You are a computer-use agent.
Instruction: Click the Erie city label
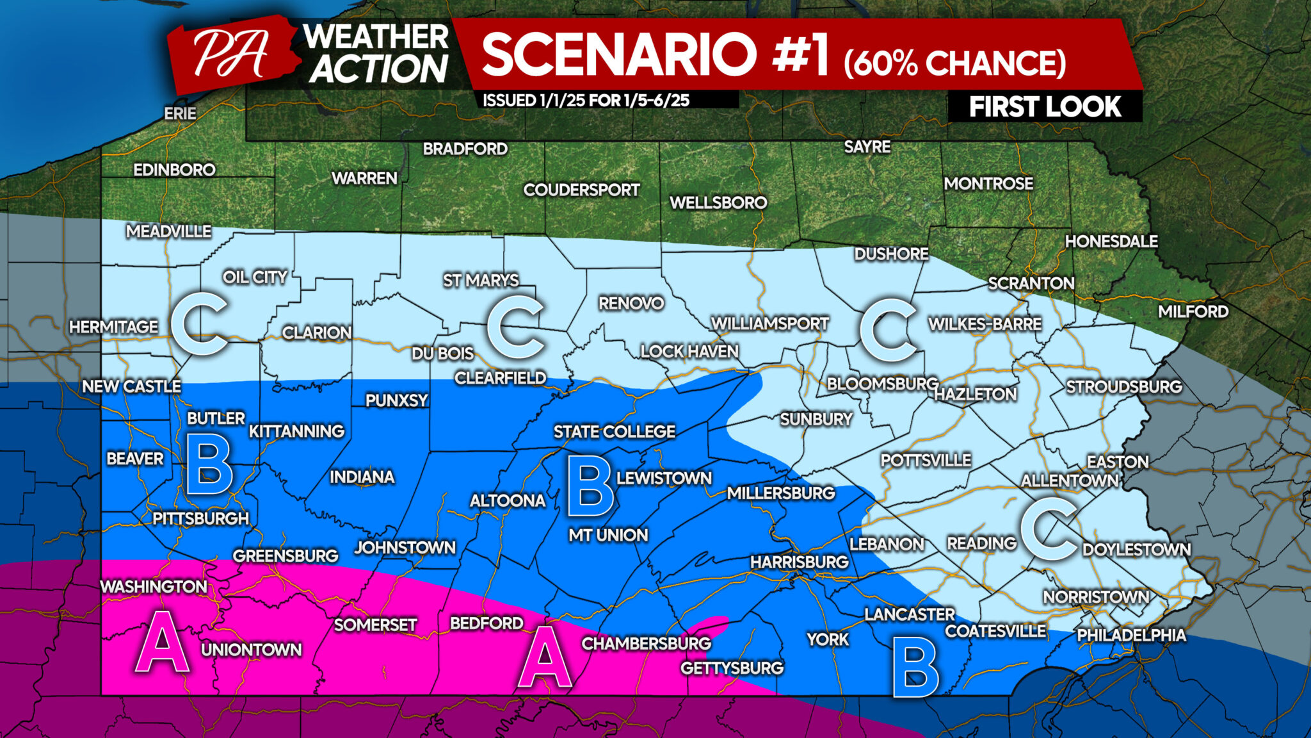180,113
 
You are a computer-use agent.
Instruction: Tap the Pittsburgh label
200,518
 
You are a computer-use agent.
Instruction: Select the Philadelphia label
1131,635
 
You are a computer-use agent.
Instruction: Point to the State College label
614,432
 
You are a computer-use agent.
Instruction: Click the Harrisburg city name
799,562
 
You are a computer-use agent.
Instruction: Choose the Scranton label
1031,283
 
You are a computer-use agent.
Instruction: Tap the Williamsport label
769,324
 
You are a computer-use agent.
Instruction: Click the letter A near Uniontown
163,643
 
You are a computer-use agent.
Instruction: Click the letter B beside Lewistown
590,488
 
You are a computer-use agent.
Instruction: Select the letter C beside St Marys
515,327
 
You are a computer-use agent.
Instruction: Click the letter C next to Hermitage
200,324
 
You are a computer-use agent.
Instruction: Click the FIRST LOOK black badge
1044,106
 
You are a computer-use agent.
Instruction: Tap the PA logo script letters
230,54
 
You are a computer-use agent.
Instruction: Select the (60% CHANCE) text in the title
954,63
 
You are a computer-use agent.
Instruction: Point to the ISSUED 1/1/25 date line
585,101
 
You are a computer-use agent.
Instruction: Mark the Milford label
1193,311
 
